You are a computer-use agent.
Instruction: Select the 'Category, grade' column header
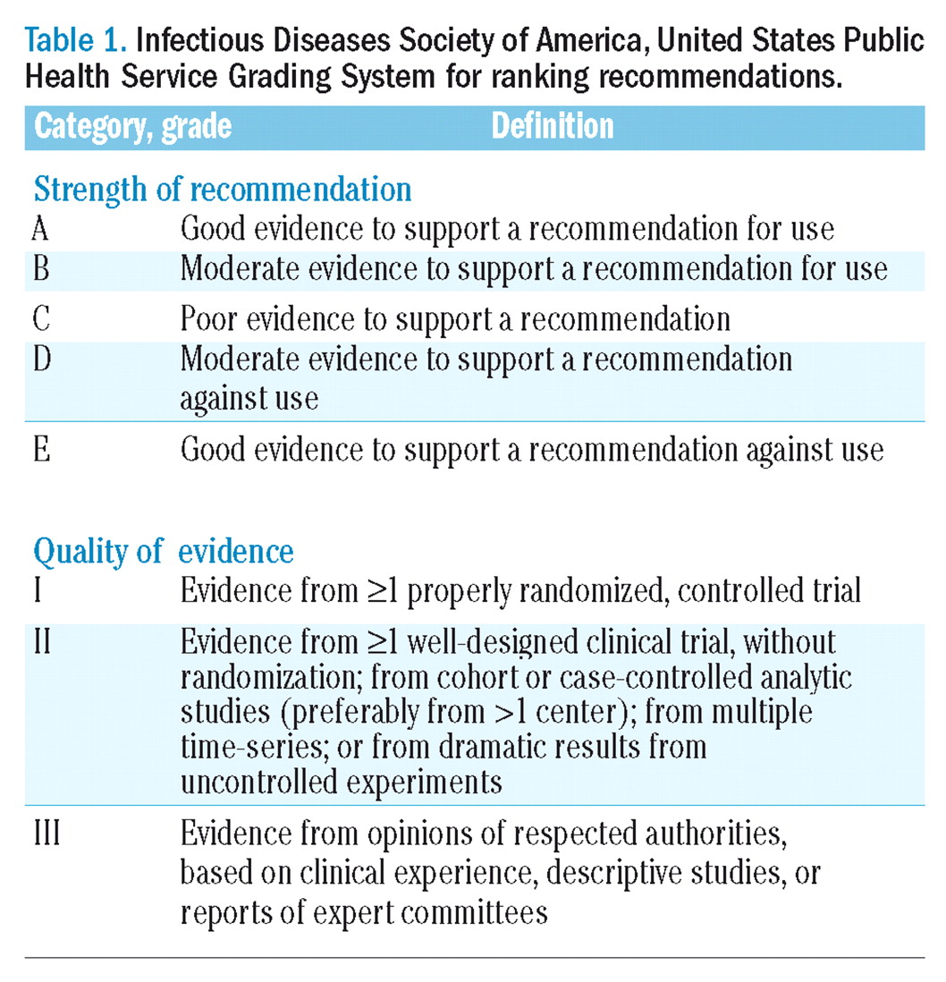[x=132, y=127]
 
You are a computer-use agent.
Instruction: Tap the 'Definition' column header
[x=553, y=127]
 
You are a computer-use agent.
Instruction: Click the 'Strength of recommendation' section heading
[x=223, y=190]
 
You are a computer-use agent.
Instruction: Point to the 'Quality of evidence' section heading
[x=164, y=551]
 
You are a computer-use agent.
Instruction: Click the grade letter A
[x=40, y=229]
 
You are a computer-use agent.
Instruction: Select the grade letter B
[x=40, y=268]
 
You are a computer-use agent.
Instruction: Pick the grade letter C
[x=40, y=319]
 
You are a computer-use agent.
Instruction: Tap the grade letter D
[x=41, y=360]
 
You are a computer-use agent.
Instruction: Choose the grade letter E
[x=40, y=449]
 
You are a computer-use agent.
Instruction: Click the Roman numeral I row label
[x=37, y=591]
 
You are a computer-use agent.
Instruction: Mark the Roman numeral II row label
[x=42, y=642]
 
